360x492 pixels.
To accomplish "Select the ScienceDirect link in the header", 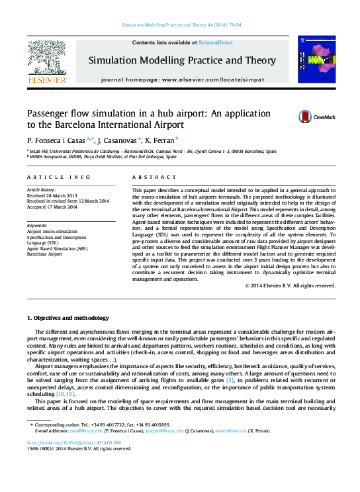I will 216,42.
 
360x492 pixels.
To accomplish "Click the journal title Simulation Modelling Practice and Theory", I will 182,60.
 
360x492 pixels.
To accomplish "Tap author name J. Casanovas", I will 120,141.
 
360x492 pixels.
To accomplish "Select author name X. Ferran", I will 159,141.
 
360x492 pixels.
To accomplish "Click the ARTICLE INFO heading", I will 59,177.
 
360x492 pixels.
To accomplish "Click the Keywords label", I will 37,226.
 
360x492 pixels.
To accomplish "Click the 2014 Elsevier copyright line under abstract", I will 272,285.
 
